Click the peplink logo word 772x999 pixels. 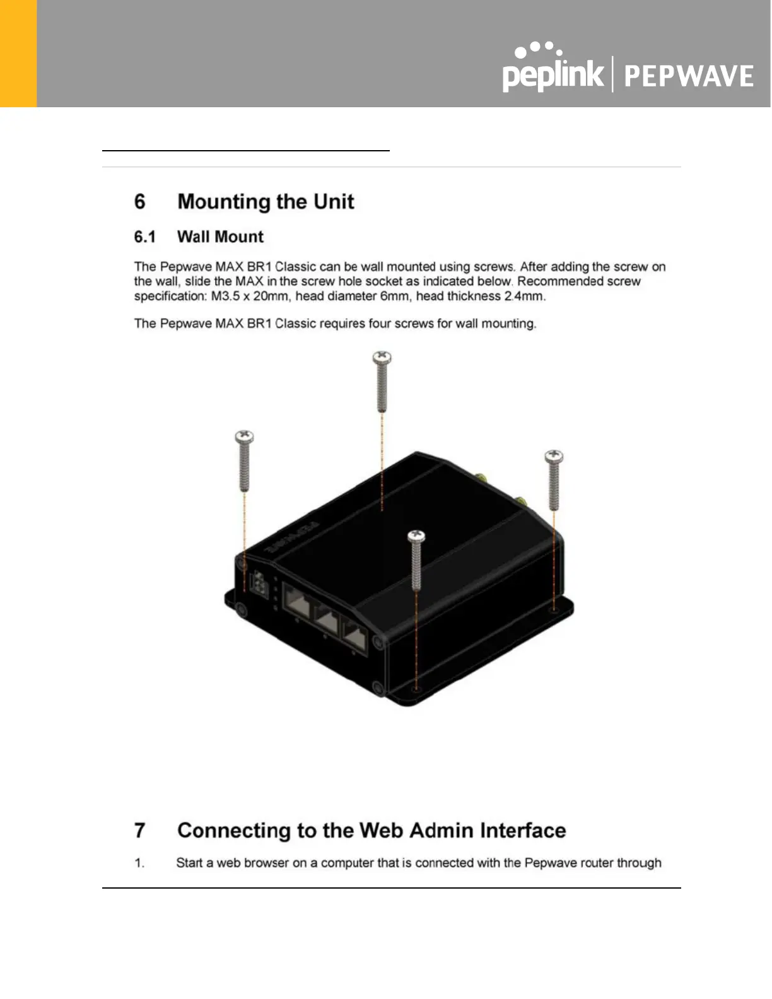click(x=553, y=74)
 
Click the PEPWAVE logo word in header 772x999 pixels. click(x=689, y=76)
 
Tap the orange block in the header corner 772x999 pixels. click(x=18, y=54)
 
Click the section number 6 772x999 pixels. click(x=139, y=202)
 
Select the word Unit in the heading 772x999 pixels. click(x=334, y=202)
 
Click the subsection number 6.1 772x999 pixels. click(x=144, y=237)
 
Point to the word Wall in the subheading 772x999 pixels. click(x=193, y=237)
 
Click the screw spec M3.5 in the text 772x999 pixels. click(x=225, y=296)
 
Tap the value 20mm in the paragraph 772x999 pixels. click(x=270, y=296)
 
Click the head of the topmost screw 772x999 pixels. click(x=382, y=359)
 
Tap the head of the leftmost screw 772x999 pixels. click(x=244, y=436)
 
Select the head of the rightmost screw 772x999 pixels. click(x=554, y=456)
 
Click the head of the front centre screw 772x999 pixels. click(x=416, y=537)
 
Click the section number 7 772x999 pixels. click(x=139, y=831)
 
